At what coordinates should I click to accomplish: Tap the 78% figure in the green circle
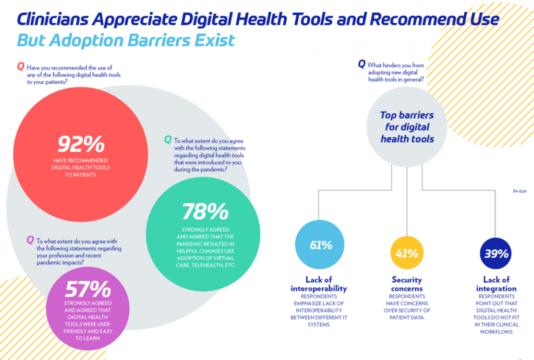click(x=205, y=211)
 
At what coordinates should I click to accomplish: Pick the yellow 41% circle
click(x=406, y=254)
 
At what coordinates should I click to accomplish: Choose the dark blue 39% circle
click(x=495, y=254)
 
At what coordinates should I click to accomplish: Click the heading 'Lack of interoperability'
click(x=319, y=284)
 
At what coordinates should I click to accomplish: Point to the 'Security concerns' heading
click(x=407, y=284)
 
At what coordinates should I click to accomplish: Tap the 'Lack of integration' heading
click(x=496, y=284)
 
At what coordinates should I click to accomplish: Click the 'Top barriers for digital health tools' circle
click(x=406, y=127)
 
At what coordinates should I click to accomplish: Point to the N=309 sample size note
click(x=519, y=191)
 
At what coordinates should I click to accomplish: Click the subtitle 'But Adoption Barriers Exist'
click(x=126, y=40)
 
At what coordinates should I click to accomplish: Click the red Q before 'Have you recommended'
click(x=20, y=66)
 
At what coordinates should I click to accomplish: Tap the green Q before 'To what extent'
click(x=167, y=139)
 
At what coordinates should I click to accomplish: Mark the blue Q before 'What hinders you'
click(x=361, y=64)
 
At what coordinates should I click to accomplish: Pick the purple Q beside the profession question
click(x=30, y=240)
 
